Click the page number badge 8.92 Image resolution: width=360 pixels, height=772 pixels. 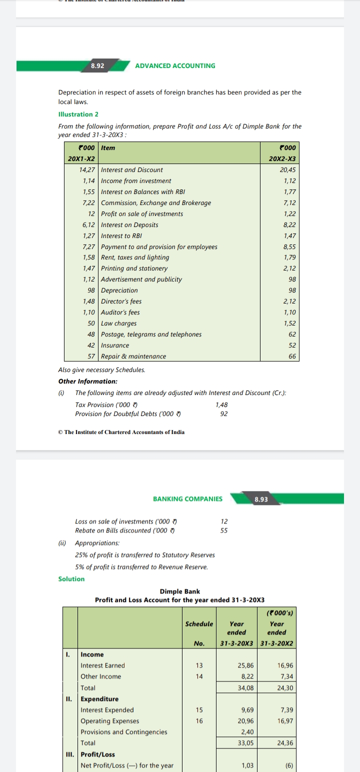[97, 65]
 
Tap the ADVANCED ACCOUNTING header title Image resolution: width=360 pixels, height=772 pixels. [175, 65]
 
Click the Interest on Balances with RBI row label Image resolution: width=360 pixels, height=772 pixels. [143, 191]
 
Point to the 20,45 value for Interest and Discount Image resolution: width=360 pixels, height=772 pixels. [288, 169]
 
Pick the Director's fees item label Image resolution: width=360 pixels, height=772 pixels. [121, 301]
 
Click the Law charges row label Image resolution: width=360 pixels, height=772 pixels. [118, 323]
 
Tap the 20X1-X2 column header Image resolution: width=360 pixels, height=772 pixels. [81, 158]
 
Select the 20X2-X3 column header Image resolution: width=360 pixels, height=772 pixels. [282, 158]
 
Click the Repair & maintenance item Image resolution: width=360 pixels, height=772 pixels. [133, 356]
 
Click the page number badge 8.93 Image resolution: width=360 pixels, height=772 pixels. [261, 499]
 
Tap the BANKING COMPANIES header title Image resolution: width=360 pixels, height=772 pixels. [187, 498]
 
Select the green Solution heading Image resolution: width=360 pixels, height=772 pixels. [71, 578]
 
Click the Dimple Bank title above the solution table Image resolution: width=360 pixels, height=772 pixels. [179, 591]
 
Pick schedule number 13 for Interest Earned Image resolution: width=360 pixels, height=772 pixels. [199, 665]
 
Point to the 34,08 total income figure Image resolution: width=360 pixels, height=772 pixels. [245, 687]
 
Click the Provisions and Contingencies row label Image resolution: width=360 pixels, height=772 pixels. [124, 731]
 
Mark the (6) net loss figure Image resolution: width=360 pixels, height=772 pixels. [288, 765]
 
